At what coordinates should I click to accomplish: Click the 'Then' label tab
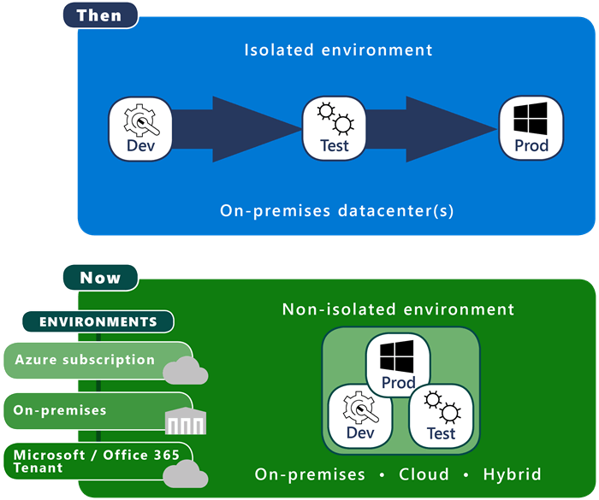pyautogui.click(x=99, y=15)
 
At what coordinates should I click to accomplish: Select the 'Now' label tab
pyautogui.click(x=100, y=277)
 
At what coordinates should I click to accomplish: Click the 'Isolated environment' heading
pyautogui.click(x=338, y=50)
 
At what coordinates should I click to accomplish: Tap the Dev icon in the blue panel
pyautogui.click(x=139, y=128)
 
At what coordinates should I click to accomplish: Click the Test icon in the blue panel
pyautogui.click(x=335, y=128)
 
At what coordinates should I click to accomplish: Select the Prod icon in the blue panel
pyautogui.click(x=531, y=128)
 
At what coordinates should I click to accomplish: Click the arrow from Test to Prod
pyautogui.click(x=433, y=129)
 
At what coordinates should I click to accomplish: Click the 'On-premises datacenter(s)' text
pyautogui.click(x=335, y=209)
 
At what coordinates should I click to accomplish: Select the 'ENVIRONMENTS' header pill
pyautogui.click(x=98, y=321)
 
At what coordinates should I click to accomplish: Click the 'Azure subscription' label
pyautogui.click(x=85, y=360)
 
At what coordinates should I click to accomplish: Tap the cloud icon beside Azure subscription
pyautogui.click(x=186, y=371)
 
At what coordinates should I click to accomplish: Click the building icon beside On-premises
pyautogui.click(x=186, y=420)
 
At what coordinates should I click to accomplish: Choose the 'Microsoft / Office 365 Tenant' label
pyautogui.click(x=86, y=461)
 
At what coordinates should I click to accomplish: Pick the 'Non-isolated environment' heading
pyautogui.click(x=398, y=309)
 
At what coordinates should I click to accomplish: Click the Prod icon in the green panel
pyautogui.click(x=398, y=364)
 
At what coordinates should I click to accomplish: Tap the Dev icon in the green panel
pyautogui.click(x=361, y=415)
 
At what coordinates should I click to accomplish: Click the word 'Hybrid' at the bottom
pyautogui.click(x=512, y=474)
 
